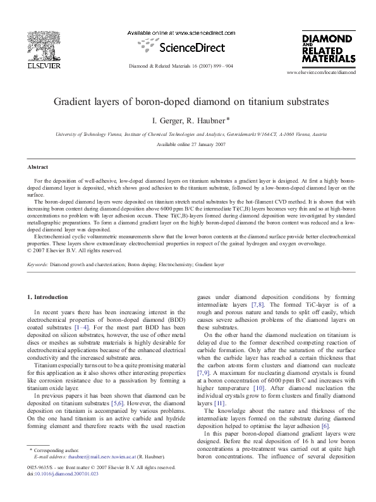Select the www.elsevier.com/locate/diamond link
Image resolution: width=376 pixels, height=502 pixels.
(321, 73)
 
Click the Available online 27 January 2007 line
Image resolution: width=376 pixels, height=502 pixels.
(187, 145)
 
